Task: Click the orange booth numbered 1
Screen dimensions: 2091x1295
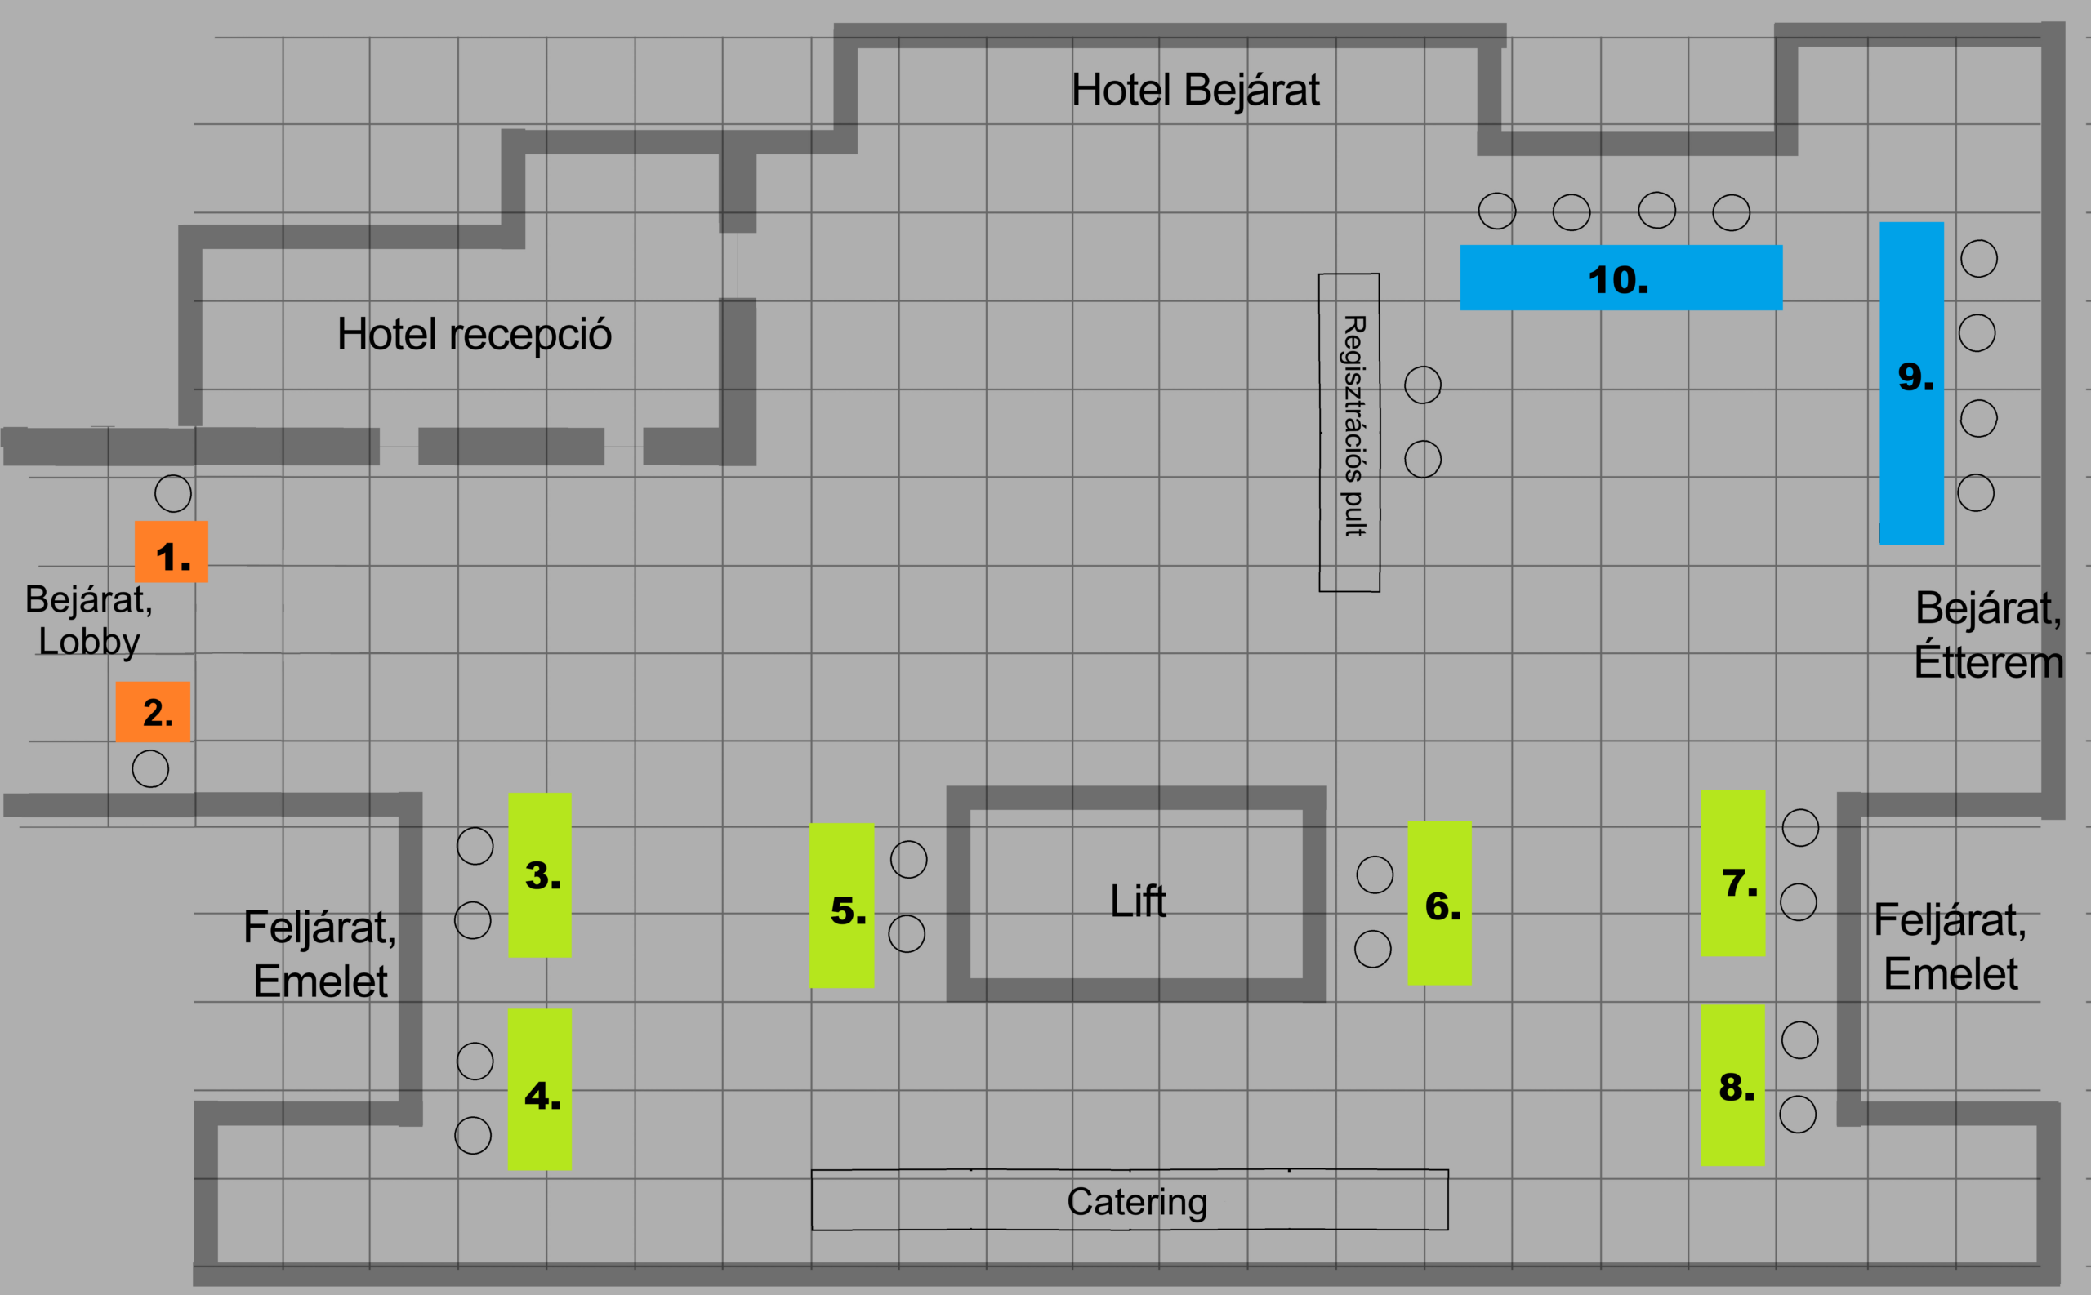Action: click(172, 552)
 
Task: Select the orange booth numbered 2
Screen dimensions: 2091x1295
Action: click(153, 712)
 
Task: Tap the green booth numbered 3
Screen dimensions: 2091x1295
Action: click(540, 874)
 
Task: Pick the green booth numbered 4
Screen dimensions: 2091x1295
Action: click(540, 1089)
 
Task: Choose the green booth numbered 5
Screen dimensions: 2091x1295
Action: click(842, 906)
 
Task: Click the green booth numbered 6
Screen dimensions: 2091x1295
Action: click(1439, 903)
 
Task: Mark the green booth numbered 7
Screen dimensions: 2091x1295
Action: click(1733, 873)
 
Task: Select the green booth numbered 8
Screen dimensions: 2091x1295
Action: click(1733, 1085)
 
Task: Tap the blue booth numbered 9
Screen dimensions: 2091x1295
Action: click(1911, 383)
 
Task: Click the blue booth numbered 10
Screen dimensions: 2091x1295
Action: click(1621, 278)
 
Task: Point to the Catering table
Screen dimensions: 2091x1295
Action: click(1130, 1200)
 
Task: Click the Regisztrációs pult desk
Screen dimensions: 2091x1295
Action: click(1349, 433)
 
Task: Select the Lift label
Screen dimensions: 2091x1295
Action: click(1138, 901)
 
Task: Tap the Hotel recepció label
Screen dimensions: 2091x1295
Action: click(475, 334)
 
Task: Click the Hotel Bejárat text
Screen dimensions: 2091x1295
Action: click(1195, 90)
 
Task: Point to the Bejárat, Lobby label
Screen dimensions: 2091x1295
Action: click(88, 620)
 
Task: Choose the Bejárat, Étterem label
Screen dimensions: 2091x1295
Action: click(1988, 634)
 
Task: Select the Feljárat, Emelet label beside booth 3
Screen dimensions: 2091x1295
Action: click(319, 955)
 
